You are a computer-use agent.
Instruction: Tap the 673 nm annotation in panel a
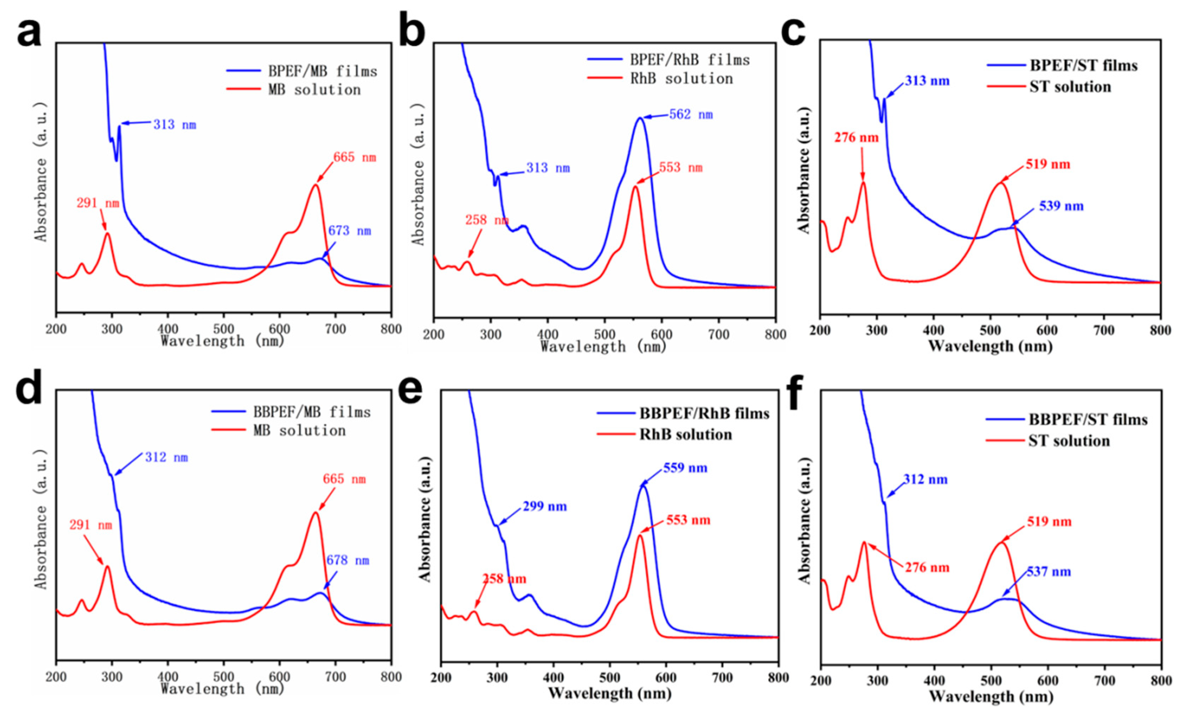(350, 231)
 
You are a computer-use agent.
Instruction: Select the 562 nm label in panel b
(691, 115)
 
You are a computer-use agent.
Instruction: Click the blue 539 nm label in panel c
(1061, 206)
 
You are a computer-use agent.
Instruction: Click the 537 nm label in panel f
(1048, 572)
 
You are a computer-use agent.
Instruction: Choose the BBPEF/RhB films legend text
(704, 413)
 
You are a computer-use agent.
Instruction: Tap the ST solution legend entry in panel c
(1070, 87)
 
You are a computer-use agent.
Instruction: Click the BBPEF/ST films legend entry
(1088, 420)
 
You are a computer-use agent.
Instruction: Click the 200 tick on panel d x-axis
(56, 677)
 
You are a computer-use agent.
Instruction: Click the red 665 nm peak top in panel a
(315, 185)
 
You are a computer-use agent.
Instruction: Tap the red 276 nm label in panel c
(857, 138)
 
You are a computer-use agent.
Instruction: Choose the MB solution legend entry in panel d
(299, 430)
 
